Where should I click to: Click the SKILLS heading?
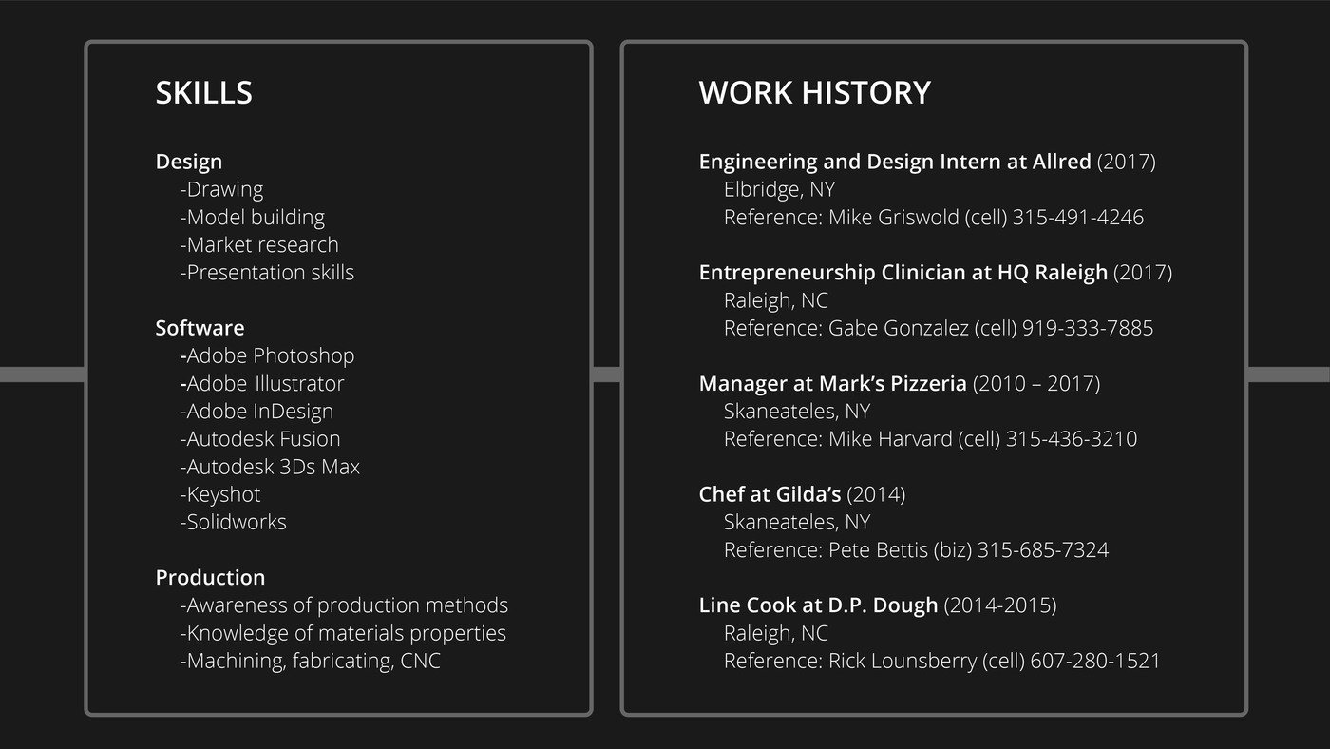[x=203, y=92]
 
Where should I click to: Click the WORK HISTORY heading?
[x=815, y=92]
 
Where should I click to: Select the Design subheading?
[x=189, y=162]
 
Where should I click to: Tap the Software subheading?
[x=200, y=328]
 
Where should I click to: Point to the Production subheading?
[x=210, y=577]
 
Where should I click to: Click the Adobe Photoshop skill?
[x=267, y=355]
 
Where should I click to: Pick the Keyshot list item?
[x=220, y=494]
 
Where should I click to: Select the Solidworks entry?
[x=234, y=522]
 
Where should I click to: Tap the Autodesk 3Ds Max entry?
[x=270, y=467]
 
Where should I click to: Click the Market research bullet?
[x=259, y=244]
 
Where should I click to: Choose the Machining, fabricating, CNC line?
[x=311, y=661]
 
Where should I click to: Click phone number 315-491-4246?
[x=1077, y=218]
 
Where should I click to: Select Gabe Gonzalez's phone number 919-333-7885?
[x=1087, y=328]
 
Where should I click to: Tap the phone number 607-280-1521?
[x=1094, y=661]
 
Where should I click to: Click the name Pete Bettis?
[x=878, y=550]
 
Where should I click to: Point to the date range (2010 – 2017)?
[x=1036, y=384]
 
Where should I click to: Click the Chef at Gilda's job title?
[x=769, y=494]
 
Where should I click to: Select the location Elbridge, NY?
[x=779, y=189]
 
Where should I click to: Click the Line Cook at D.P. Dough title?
[x=818, y=605]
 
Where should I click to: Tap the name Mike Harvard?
[x=890, y=439]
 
